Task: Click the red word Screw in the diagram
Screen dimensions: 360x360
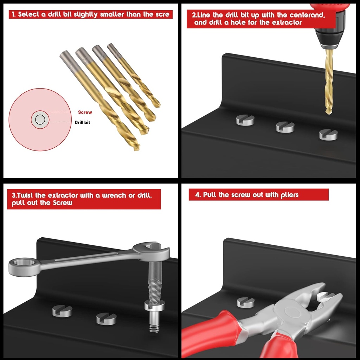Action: tap(85, 112)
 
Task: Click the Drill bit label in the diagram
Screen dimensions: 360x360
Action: tap(82, 123)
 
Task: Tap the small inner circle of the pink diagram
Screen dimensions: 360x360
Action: tap(40, 120)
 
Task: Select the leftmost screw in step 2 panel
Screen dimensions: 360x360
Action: tap(245, 120)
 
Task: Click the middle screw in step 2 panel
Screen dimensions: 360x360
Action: tap(285, 127)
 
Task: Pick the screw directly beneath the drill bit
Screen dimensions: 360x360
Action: tap(328, 134)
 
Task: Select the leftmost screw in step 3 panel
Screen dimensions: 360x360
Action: tap(62, 311)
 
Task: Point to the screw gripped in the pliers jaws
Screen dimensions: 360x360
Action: tap(325, 297)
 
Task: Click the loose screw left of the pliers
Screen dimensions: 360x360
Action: tap(245, 302)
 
